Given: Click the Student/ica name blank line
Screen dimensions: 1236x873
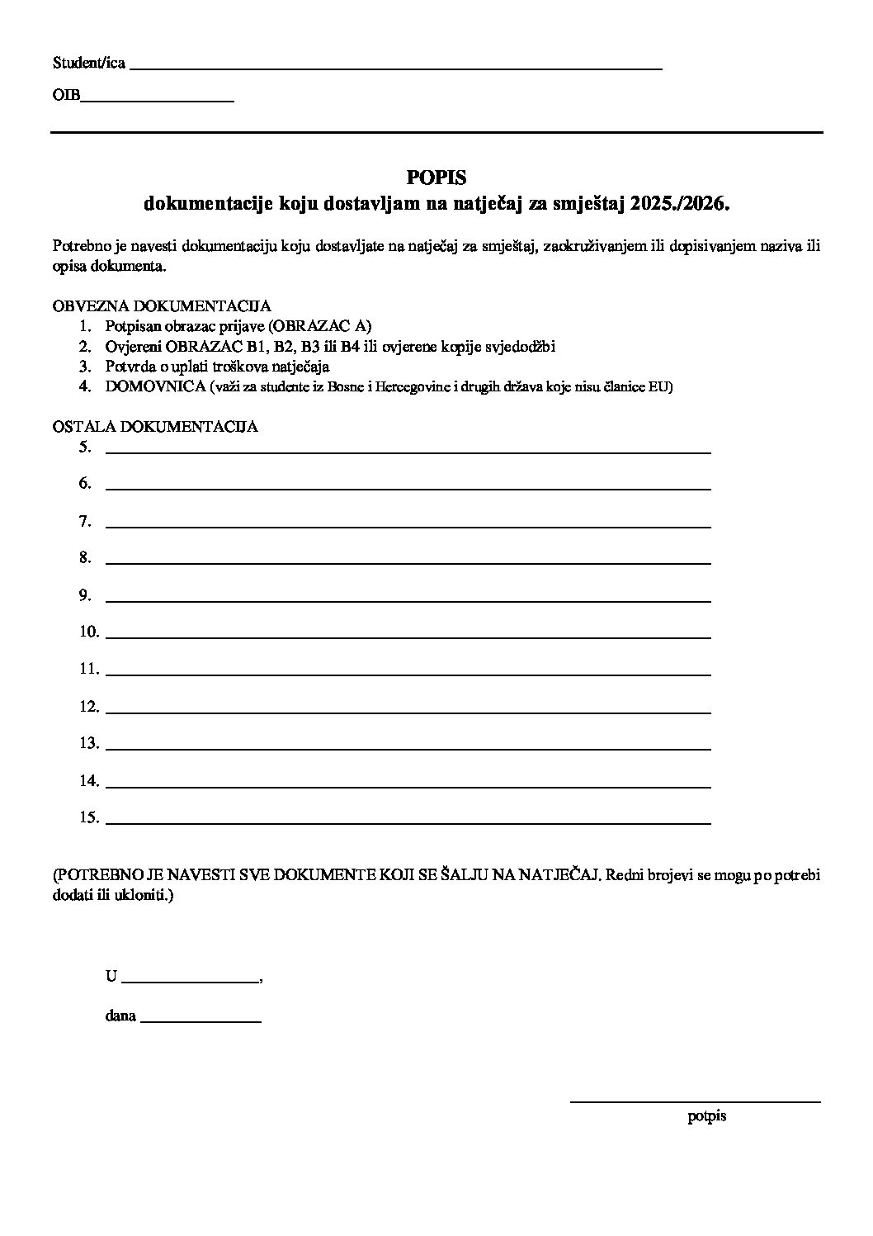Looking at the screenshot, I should pyautogui.click(x=396, y=67).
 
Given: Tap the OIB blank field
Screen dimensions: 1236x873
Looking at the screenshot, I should pyautogui.click(x=157, y=99).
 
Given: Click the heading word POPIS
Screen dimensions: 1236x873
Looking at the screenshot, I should pyautogui.click(x=436, y=177).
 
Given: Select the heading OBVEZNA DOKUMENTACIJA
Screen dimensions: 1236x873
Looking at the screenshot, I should pyautogui.click(x=162, y=305).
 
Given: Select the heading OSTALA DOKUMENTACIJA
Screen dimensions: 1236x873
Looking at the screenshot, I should pyautogui.click(x=155, y=427).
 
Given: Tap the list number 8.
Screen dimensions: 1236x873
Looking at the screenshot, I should pyautogui.click(x=85, y=557).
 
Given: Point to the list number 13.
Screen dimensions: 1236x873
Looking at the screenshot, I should pyautogui.click(x=89, y=743).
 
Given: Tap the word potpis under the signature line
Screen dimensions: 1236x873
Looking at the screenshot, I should pyautogui.click(x=706, y=1116).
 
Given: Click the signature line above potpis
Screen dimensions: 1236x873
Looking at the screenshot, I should pyautogui.click(x=695, y=1101).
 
